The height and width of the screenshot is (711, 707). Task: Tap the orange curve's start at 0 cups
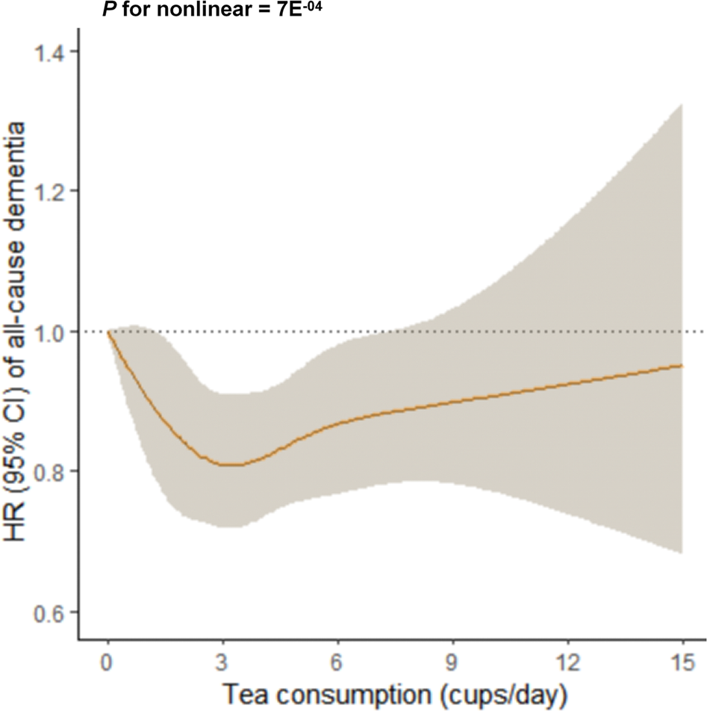pyautogui.click(x=109, y=332)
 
